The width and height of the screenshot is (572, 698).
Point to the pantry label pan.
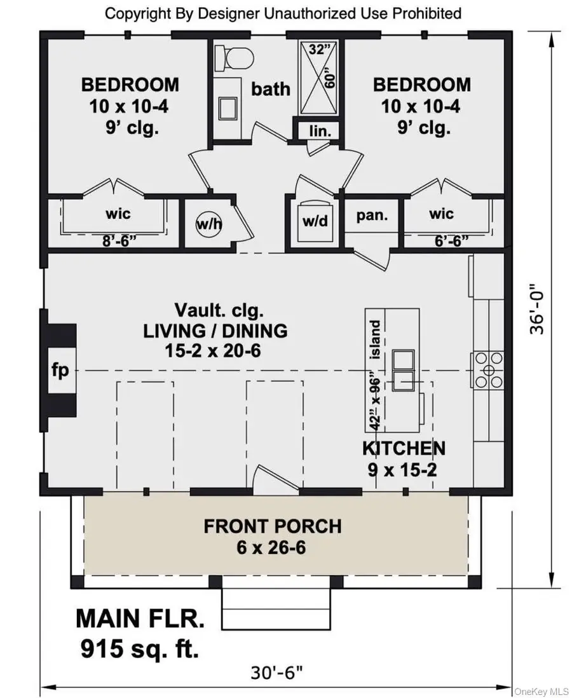[x=372, y=215]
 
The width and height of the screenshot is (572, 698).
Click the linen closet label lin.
[x=317, y=130]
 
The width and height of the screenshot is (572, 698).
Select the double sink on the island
[x=404, y=371]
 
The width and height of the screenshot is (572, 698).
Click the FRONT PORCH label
[x=272, y=526]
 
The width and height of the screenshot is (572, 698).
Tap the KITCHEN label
[x=404, y=448]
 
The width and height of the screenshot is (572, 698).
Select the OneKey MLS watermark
[x=542, y=690]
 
